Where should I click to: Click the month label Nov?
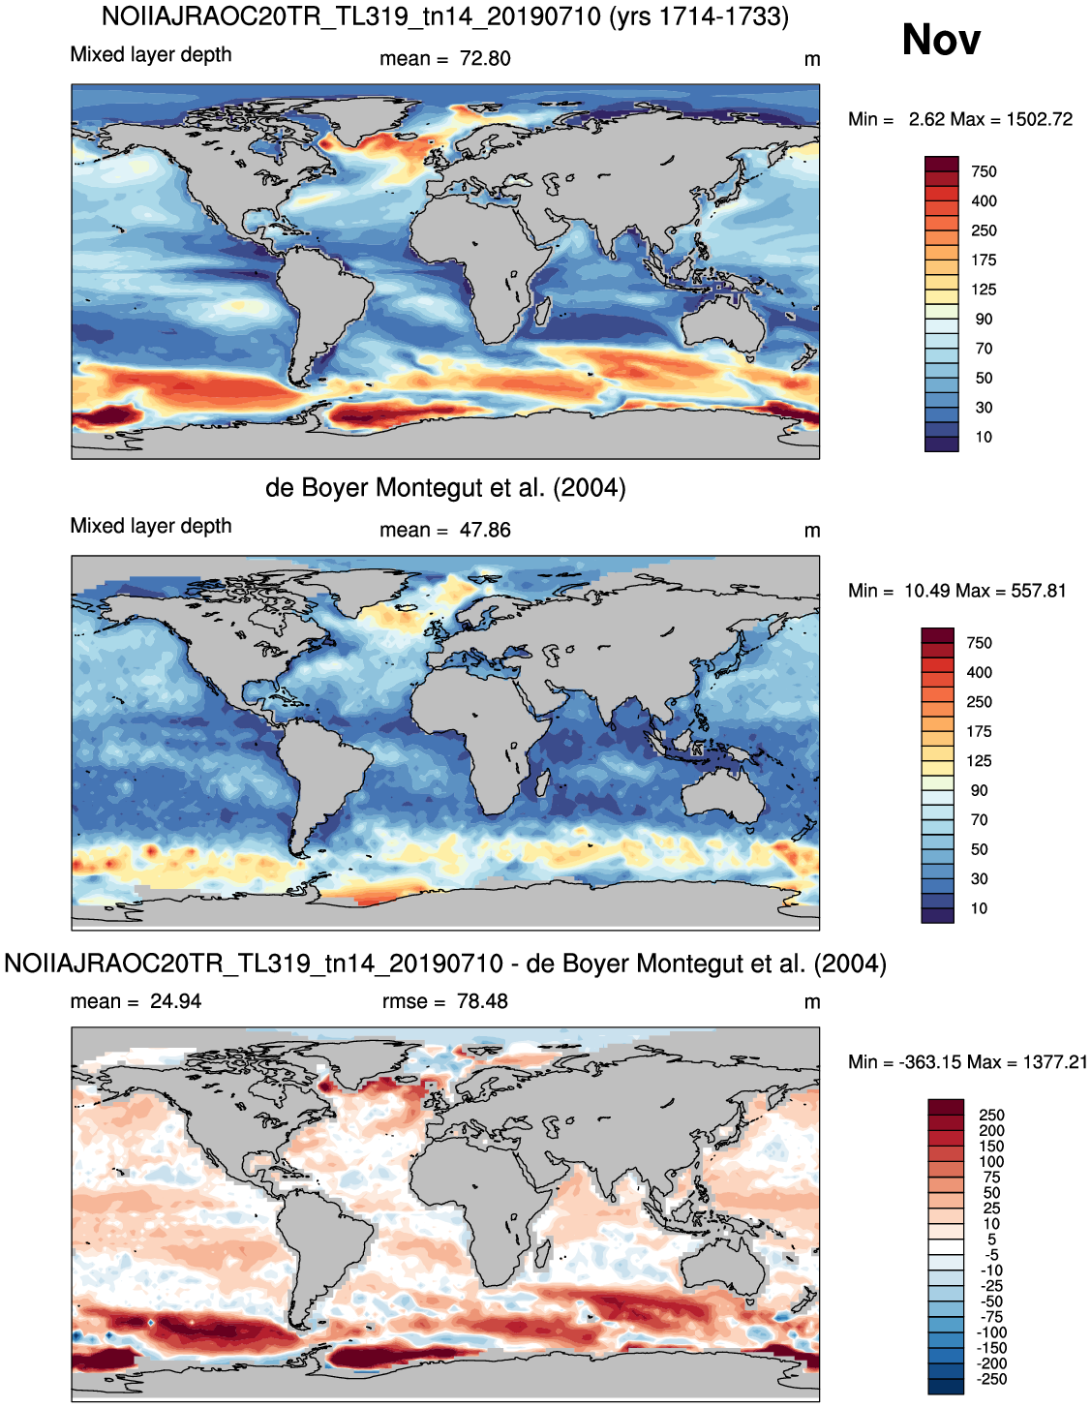pyautogui.click(x=940, y=40)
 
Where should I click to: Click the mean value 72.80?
pyautogui.click(x=485, y=59)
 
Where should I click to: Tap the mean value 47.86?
pyautogui.click(x=485, y=530)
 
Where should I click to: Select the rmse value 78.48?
pyautogui.click(x=482, y=1001)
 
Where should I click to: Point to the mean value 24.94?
pyautogui.click(x=176, y=1001)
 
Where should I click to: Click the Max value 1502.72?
pyautogui.click(x=1040, y=119)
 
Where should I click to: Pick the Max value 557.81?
pyautogui.click(x=1033, y=591)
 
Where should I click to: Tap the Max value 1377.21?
pyautogui.click(x=1055, y=1061)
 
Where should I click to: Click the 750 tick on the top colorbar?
pyautogui.click(x=984, y=171)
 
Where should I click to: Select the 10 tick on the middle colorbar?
pyautogui.click(x=979, y=908)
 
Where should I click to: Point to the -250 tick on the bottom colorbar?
pyautogui.click(x=990, y=1379)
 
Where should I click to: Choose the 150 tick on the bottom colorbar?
pyautogui.click(x=991, y=1146)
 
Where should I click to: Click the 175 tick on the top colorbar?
pyautogui.click(x=984, y=260)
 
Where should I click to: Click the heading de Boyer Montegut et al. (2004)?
pyautogui.click(x=445, y=488)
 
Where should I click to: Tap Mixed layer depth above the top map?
pyautogui.click(x=151, y=54)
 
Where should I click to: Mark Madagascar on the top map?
pyautogui.click(x=542, y=310)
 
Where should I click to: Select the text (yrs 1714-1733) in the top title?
pyautogui.click(x=699, y=16)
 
